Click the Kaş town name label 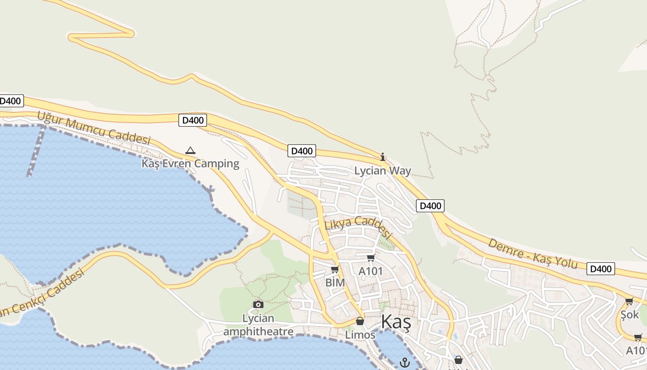pyautogui.click(x=396, y=321)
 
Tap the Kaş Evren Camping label pyautogui.click(x=190, y=163)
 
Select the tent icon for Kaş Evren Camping pyautogui.click(x=190, y=150)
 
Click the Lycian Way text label pyautogui.click(x=382, y=171)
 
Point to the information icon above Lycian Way pyautogui.click(x=383, y=157)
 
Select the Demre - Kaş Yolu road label pyautogui.click(x=533, y=253)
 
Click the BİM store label pyautogui.click(x=335, y=282)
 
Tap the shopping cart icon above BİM pyautogui.click(x=335, y=269)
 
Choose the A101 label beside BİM pyautogui.click(x=371, y=271)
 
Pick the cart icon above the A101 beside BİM pyautogui.click(x=371, y=258)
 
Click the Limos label pyautogui.click(x=360, y=334)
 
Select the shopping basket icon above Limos pyautogui.click(x=360, y=321)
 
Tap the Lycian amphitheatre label pyautogui.click(x=258, y=325)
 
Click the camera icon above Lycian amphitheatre pyautogui.click(x=258, y=304)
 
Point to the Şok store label pyautogui.click(x=629, y=314)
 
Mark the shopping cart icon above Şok pyautogui.click(x=629, y=302)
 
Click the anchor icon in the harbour pyautogui.click(x=405, y=362)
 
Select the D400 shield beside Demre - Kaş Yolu pyautogui.click(x=601, y=269)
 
